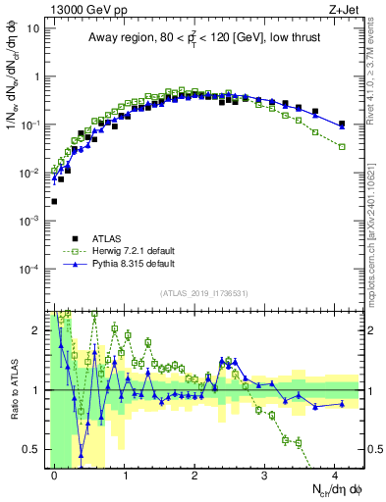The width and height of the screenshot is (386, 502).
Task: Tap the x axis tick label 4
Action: (x=336, y=474)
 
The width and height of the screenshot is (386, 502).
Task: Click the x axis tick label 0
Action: (x=54, y=474)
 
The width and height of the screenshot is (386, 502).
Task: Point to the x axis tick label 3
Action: (x=265, y=474)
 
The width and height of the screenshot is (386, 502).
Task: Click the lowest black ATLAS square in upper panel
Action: (x=54, y=201)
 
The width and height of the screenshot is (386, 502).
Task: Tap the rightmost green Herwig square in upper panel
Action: (x=342, y=146)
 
